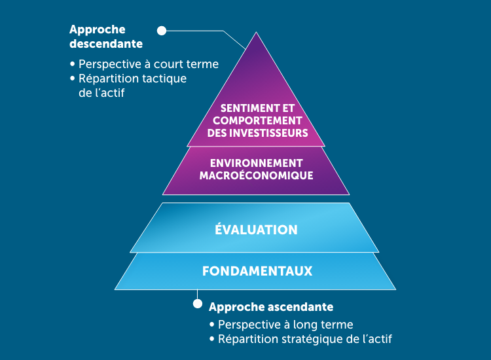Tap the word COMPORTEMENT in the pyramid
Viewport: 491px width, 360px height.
(x=257, y=121)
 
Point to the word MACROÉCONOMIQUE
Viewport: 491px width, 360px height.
(x=256, y=175)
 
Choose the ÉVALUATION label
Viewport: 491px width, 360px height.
(x=256, y=230)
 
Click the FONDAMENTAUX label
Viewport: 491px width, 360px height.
(x=256, y=270)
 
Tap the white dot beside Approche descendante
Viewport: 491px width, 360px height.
(x=162, y=30)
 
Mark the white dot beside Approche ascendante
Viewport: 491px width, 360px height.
(x=197, y=304)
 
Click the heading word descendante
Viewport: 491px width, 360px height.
(x=106, y=44)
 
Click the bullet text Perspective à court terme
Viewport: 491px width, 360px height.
(x=148, y=65)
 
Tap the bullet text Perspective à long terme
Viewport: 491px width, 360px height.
(x=285, y=325)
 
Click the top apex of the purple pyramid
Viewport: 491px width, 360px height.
(x=255, y=33)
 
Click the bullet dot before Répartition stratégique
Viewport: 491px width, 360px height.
(x=212, y=340)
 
